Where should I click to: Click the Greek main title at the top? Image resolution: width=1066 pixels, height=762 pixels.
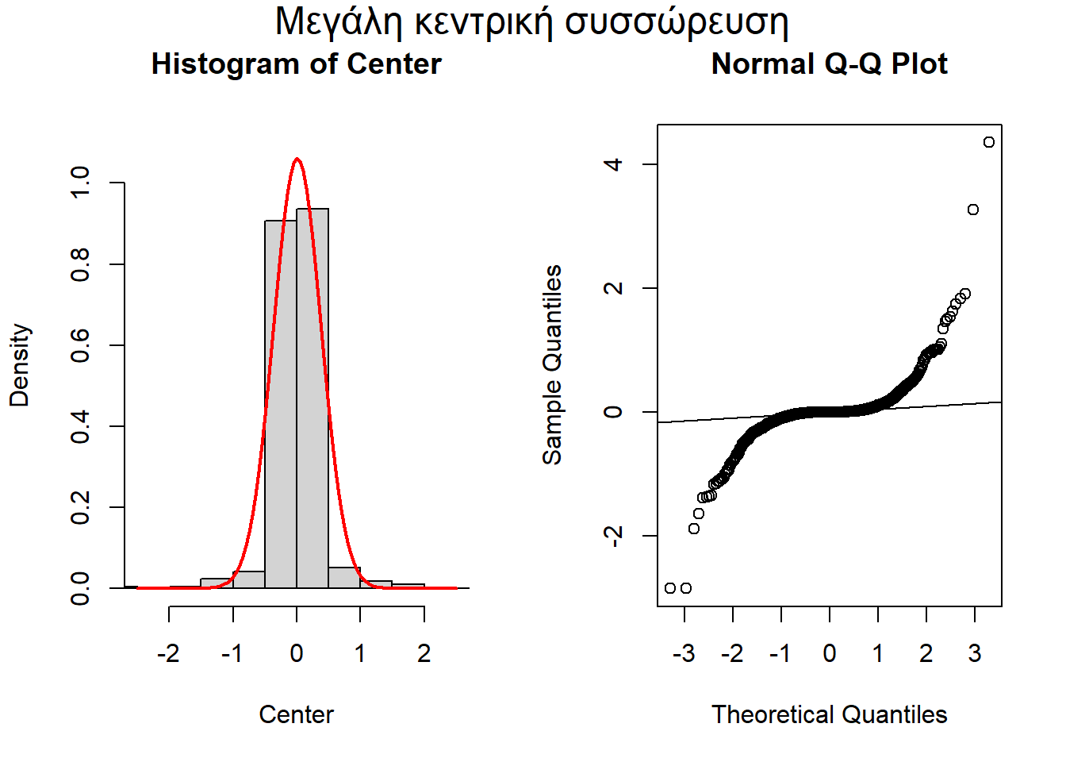[x=531, y=22]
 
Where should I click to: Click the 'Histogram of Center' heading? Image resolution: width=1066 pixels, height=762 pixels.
[x=296, y=64]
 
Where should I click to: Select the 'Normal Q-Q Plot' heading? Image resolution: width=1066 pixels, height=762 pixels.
[x=829, y=64]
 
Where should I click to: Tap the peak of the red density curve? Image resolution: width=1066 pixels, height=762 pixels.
[x=297, y=159]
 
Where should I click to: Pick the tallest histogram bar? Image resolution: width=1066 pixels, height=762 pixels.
[x=313, y=397]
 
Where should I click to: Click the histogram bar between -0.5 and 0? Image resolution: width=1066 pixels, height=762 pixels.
[x=281, y=405]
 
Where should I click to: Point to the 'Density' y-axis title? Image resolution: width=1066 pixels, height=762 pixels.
[x=19, y=365]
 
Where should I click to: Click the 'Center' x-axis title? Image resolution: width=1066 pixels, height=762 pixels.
[x=296, y=714]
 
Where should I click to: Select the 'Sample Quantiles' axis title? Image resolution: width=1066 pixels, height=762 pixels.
[x=551, y=365]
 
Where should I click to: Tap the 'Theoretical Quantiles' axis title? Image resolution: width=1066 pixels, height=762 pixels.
[x=829, y=714]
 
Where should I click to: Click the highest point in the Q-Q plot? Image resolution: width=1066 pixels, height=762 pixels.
[x=988, y=142]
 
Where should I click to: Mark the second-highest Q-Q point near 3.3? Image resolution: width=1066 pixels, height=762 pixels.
[x=973, y=210]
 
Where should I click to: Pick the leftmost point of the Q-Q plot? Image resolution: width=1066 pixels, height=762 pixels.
[x=670, y=588]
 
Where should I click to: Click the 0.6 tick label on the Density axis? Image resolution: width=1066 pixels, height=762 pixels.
[x=80, y=345]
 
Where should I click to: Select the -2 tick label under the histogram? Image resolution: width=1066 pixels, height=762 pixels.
[x=168, y=653]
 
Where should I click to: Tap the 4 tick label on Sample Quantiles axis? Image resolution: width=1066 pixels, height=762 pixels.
[x=613, y=164]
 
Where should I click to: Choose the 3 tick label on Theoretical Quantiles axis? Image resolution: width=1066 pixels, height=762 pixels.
[x=975, y=653]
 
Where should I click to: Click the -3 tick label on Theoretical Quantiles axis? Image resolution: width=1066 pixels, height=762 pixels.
[x=684, y=653]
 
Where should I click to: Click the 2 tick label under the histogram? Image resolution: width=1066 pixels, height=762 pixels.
[x=424, y=653]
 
